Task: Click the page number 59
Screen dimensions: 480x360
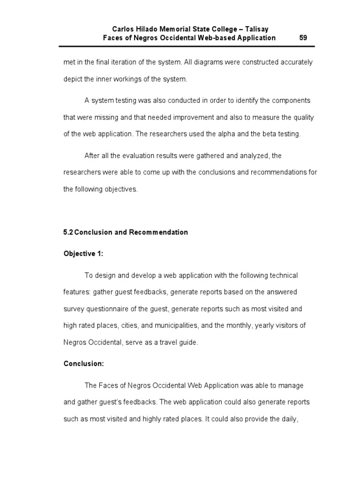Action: pos(303,38)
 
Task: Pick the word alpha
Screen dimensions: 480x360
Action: pos(226,134)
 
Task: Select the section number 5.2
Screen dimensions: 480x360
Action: pos(68,232)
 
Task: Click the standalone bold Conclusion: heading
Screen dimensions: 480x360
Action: pos(83,364)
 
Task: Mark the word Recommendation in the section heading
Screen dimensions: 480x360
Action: pos(163,232)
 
